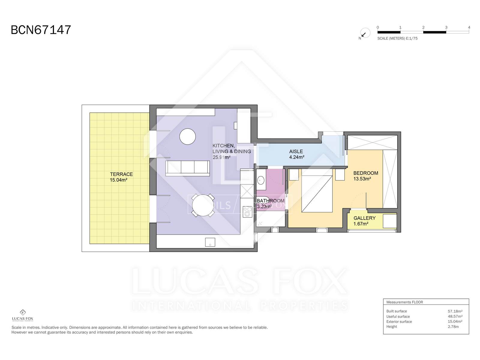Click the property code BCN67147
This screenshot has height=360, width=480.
[41, 30]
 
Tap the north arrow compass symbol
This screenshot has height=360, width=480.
[365, 33]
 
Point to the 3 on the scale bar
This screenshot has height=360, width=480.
[446, 27]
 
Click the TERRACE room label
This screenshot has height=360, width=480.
[121, 174]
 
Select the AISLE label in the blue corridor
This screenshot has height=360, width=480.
[296, 151]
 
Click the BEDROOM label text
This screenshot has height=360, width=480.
[366, 173]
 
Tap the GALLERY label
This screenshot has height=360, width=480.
[364, 218]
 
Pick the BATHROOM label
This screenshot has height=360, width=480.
[271, 201]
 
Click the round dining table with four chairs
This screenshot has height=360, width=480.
[203, 205]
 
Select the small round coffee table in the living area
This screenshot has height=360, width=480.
[187, 136]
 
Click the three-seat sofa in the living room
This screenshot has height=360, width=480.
[187, 168]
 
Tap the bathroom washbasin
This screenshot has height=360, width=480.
[261, 180]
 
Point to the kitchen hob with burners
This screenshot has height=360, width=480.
[247, 212]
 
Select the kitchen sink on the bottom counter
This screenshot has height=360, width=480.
[210, 242]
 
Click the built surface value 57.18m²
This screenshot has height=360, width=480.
[455, 311]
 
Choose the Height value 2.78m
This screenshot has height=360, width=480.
[453, 327]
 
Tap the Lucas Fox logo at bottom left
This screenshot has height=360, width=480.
[22, 315]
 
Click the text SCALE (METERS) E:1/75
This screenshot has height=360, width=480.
[397, 38]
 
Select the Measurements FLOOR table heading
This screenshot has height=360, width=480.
[405, 302]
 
